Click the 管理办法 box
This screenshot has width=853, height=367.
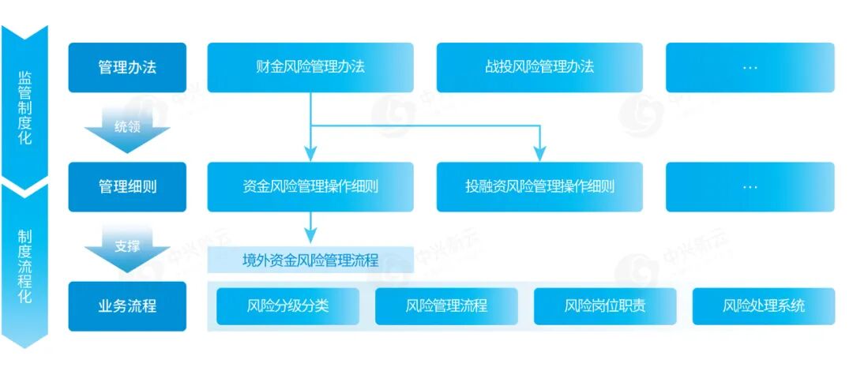tap(127, 67)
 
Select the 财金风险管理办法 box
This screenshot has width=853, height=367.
tap(310, 67)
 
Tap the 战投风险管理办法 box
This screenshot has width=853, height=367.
tap(539, 67)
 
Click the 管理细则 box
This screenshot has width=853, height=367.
tap(127, 187)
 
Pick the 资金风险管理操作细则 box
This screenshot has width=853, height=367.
tap(310, 187)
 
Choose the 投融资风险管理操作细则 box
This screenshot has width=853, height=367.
tap(539, 187)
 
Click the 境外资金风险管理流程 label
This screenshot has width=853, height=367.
tap(310, 260)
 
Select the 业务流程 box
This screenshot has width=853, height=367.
tap(127, 306)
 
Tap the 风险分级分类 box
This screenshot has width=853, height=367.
tap(287, 306)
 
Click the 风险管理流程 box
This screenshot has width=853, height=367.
tap(446, 306)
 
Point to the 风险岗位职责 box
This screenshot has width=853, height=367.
tap(605, 306)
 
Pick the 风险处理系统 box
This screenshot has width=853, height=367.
tap(764, 306)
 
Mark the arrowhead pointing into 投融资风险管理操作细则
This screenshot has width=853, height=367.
tap(539, 154)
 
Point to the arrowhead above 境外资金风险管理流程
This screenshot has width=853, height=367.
tap(310, 235)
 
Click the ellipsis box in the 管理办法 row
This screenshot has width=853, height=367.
tap(750, 67)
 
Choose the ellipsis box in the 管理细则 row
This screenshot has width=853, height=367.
tap(750, 187)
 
